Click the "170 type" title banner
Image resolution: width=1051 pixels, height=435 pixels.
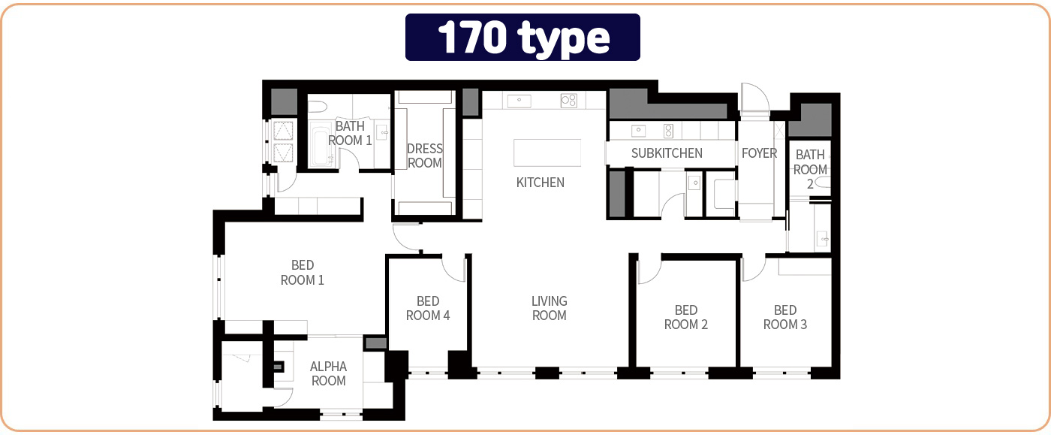click(x=522, y=37)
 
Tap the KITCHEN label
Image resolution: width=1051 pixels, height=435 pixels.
click(x=540, y=183)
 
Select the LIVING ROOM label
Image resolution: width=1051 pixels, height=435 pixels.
click(x=549, y=308)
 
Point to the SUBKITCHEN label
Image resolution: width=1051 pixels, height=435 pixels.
click(x=667, y=153)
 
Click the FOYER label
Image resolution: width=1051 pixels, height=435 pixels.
click(x=759, y=153)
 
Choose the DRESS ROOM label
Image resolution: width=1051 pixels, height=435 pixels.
click(x=425, y=156)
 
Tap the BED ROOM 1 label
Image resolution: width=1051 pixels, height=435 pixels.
click(x=302, y=273)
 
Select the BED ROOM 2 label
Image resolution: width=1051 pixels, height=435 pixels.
click(x=686, y=317)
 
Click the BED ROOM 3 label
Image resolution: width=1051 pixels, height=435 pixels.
click(x=785, y=317)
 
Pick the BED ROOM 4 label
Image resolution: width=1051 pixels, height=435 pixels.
click(x=427, y=308)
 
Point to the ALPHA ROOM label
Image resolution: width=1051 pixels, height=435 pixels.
click(x=328, y=373)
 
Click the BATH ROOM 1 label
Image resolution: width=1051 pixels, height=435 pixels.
click(x=350, y=133)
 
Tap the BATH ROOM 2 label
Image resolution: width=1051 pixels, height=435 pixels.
click(x=810, y=169)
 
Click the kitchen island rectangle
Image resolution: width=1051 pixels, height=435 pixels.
click(x=547, y=153)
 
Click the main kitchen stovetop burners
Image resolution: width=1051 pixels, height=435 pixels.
click(x=569, y=100)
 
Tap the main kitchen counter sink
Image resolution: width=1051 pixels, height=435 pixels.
click(x=519, y=101)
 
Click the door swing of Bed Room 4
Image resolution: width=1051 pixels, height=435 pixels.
click(x=454, y=269)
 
